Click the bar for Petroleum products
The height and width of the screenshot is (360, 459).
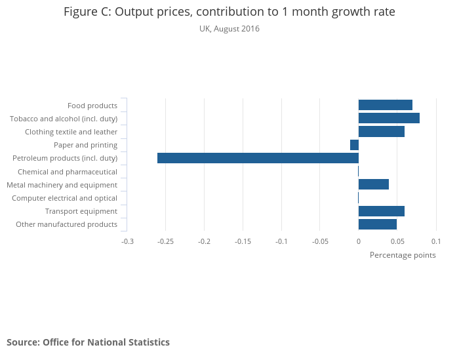click(x=258, y=158)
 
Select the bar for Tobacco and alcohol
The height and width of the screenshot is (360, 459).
click(x=389, y=118)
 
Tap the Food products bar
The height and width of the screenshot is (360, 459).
click(x=386, y=105)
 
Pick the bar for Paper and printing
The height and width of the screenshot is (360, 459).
click(x=354, y=145)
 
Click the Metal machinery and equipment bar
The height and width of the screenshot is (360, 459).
click(x=374, y=184)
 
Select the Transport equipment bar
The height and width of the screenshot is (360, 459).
click(x=382, y=211)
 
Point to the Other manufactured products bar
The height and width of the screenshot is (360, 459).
click(x=378, y=224)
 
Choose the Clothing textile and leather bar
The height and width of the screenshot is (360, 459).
click(x=382, y=132)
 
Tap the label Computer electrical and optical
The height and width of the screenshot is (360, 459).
click(x=64, y=198)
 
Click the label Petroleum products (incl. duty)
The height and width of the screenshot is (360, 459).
click(x=65, y=158)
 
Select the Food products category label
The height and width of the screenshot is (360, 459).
click(x=92, y=106)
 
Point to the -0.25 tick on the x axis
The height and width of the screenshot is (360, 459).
click(x=166, y=241)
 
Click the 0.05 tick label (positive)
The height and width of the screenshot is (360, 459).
click(x=397, y=241)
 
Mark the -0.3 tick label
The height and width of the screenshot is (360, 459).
click(x=127, y=241)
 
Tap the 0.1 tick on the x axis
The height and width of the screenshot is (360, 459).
click(x=435, y=241)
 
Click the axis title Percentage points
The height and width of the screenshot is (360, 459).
click(x=403, y=255)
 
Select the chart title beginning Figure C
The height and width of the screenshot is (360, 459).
click(x=229, y=12)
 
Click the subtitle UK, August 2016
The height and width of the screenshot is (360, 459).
click(x=229, y=29)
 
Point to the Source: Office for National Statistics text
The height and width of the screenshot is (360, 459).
click(x=88, y=342)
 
